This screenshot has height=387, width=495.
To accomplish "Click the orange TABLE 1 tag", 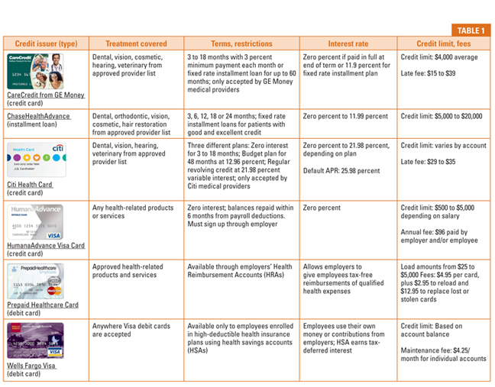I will (x=471, y=31).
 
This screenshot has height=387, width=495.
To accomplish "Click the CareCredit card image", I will (x=36, y=71).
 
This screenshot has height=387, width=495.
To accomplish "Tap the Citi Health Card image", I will (x=36, y=160).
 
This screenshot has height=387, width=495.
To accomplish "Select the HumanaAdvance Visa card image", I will (x=36, y=221).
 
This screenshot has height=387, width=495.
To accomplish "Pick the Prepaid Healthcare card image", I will (x=36, y=280).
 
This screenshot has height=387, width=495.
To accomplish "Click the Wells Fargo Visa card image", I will (x=36, y=340).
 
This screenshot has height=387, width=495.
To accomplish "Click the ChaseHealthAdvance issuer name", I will (x=39, y=116).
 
